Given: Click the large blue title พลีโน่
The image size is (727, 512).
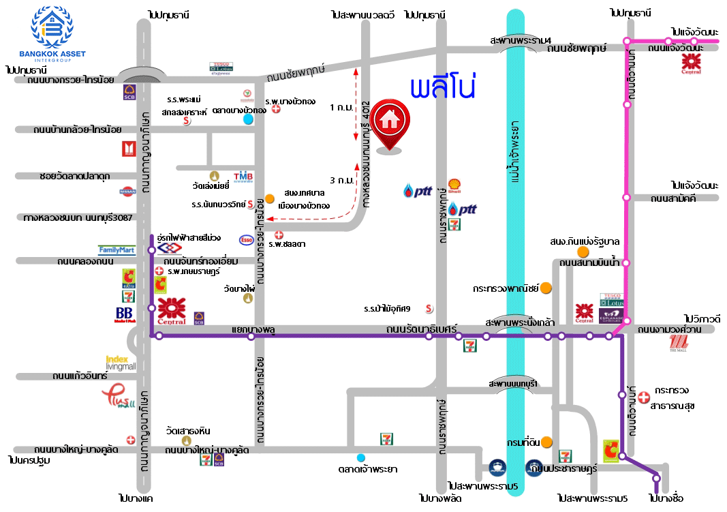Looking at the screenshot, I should pyautogui.click(x=442, y=89).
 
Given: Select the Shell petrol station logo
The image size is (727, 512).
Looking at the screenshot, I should pyautogui.click(x=454, y=185).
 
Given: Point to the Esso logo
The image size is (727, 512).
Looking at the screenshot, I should pyautogui.click(x=246, y=240).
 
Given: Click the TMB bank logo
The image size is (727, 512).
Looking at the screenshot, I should pyautogui.click(x=243, y=177).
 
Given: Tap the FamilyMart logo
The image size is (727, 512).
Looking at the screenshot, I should pyautogui.click(x=117, y=250).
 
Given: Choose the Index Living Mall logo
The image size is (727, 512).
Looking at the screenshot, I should pyautogui.click(x=121, y=363).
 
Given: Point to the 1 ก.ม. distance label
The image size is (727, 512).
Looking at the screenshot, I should pyautogui.click(x=340, y=108).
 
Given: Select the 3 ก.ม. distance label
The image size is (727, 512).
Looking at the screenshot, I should pyautogui.click(x=340, y=181).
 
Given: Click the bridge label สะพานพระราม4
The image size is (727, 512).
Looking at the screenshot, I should pyautogui.click(x=521, y=40).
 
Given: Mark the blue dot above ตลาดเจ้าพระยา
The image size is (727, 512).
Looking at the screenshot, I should pyautogui.click(x=360, y=457).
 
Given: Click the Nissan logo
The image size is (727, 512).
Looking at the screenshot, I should pyautogui.click(x=127, y=193).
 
